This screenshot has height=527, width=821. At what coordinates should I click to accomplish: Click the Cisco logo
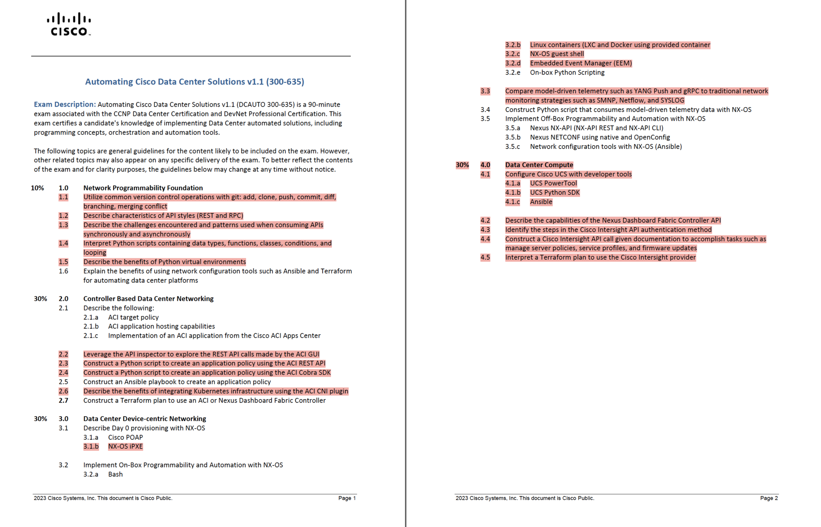pos(69,24)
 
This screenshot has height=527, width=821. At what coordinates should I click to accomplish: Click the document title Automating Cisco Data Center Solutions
pos(194,82)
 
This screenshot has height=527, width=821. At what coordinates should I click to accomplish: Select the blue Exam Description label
pos(65,104)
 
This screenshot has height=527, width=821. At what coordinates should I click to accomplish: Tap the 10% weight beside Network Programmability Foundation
pos(37,188)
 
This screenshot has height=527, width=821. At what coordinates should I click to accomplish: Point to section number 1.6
pos(63,271)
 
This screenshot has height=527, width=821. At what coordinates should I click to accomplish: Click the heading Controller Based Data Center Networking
pos(148,299)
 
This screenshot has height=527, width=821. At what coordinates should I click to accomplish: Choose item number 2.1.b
pos(91,326)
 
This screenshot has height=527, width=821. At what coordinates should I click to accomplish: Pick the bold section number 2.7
pos(63,400)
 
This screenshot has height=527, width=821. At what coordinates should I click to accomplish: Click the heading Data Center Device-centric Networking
pos(145,419)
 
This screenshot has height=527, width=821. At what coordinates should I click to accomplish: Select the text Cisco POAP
pos(125,437)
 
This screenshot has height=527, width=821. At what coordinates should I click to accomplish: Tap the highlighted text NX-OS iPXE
pos(125,446)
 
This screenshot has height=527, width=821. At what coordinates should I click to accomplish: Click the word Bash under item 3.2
pos(115,474)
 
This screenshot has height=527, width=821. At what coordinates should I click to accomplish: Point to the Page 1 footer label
pos(347,498)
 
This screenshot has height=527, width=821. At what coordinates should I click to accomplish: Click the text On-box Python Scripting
pos(567,73)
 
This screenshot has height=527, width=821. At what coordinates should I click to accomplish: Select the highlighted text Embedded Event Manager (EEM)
pos(581,63)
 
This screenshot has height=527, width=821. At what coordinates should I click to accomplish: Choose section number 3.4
pos(485,109)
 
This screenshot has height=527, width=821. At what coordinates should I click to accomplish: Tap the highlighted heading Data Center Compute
pos(539,165)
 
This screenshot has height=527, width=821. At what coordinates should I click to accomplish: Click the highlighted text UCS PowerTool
pos(553,183)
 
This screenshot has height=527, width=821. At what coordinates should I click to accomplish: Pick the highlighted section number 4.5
pos(485,257)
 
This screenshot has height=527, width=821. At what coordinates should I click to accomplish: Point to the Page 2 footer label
pos(769,498)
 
